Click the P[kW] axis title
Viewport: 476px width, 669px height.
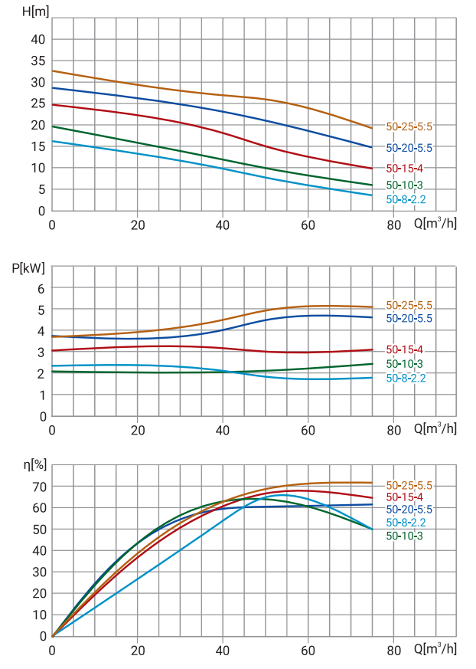(x=28, y=268)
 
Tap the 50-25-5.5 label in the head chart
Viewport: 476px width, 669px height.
(x=409, y=126)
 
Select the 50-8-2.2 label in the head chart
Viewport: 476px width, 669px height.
(x=406, y=199)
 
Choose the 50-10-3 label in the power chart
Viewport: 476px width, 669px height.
(x=405, y=364)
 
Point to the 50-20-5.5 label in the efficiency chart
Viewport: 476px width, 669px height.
(x=409, y=510)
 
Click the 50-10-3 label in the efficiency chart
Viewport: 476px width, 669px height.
(x=405, y=536)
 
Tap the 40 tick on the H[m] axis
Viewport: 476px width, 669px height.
(x=38, y=39)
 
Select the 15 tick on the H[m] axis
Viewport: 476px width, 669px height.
(x=38, y=146)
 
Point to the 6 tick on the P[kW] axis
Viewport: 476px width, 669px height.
(x=42, y=288)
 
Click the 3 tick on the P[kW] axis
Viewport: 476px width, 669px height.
(x=42, y=353)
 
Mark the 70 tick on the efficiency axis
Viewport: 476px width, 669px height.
(x=38, y=487)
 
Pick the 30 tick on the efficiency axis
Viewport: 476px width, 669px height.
(x=38, y=572)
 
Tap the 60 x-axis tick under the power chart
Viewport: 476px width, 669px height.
(x=308, y=430)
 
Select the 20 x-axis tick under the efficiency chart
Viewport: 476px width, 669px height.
(x=138, y=650)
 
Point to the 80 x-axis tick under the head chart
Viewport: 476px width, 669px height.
(x=393, y=225)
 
